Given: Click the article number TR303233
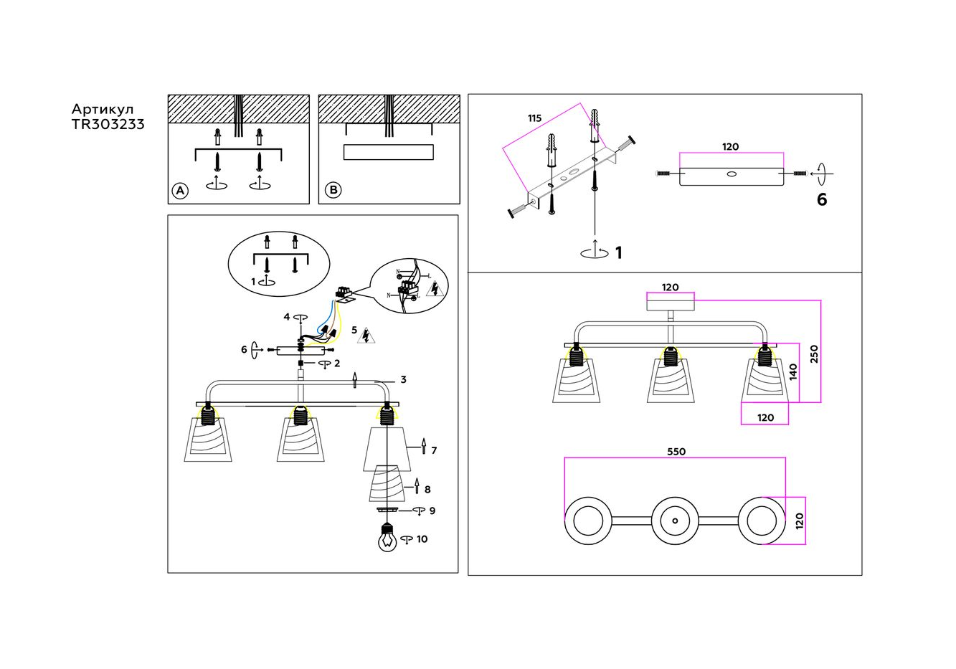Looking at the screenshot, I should click(x=108, y=124).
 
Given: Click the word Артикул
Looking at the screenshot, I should click(x=102, y=109).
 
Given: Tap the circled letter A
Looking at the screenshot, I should click(x=180, y=190).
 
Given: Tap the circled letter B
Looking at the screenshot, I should click(x=333, y=190).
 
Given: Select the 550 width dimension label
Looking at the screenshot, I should click(x=676, y=452).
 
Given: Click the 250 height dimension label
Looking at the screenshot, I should click(x=814, y=354).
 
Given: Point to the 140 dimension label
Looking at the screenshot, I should click(x=793, y=371).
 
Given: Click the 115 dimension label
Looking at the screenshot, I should click(x=534, y=118).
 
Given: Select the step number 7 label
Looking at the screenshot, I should click(x=434, y=450).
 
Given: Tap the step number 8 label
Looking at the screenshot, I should click(x=427, y=490).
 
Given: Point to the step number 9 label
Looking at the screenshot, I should click(x=432, y=511).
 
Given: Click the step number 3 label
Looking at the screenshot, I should click(x=403, y=379).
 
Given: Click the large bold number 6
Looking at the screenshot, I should click(x=822, y=200).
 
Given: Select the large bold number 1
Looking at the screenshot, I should click(x=619, y=252).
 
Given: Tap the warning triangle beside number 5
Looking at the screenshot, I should click(x=368, y=336).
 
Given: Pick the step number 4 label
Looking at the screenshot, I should click(x=286, y=316).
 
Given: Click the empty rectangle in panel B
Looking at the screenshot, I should click(x=389, y=152).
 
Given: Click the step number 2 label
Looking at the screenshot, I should click(x=337, y=364).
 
